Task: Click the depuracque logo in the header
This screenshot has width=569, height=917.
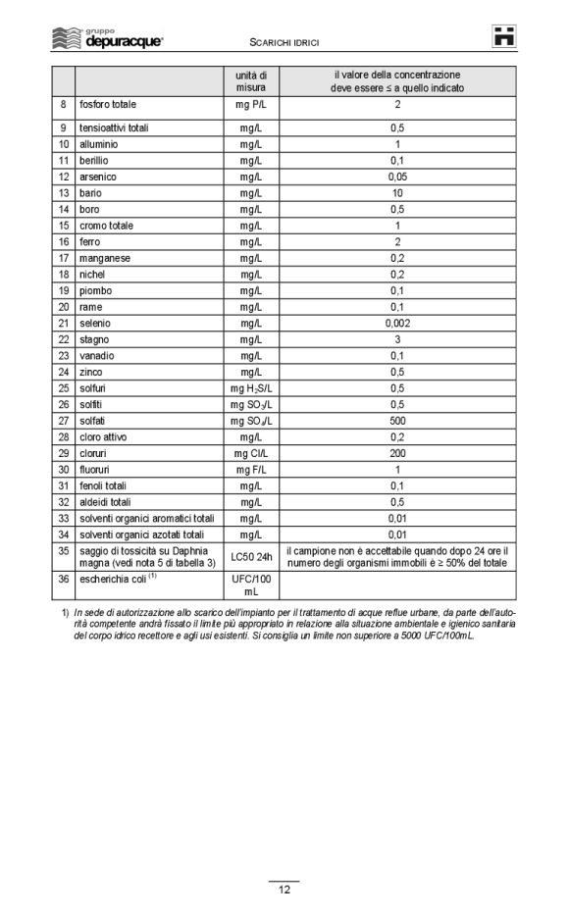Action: pos(107,38)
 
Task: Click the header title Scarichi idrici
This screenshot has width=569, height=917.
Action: pos(285,43)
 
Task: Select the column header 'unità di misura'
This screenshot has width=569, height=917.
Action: pos(251,81)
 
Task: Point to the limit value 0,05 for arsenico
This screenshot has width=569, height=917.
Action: pos(397,177)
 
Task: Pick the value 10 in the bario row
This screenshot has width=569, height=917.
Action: pos(397,193)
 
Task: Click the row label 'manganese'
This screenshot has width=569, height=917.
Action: pos(105,258)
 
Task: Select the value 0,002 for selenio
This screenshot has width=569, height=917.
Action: pos(397,323)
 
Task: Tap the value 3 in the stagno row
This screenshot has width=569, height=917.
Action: pos(397,339)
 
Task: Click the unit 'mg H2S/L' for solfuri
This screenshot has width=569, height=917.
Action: pos(251,388)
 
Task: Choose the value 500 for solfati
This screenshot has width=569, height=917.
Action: pos(397,421)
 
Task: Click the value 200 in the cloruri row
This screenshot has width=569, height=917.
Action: pos(397,453)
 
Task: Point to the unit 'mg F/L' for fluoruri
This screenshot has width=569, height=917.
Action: pos(251,470)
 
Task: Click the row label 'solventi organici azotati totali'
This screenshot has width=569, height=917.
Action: pos(142,535)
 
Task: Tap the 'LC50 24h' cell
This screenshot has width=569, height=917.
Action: pos(251,557)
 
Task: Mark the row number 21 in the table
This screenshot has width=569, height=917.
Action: pos(63,323)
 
